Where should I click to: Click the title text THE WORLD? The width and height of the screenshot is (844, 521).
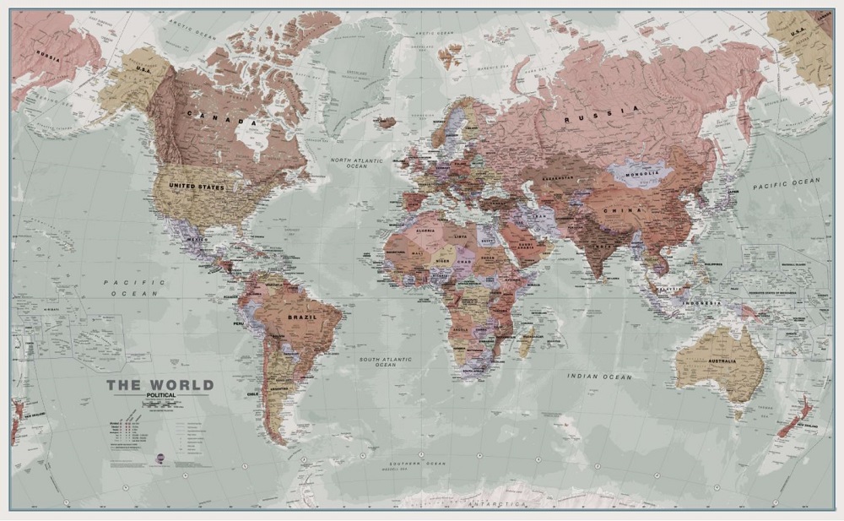(160, 385)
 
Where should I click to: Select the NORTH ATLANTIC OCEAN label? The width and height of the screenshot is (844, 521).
(356, 163)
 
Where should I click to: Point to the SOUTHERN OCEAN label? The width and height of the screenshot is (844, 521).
(411, 464)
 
